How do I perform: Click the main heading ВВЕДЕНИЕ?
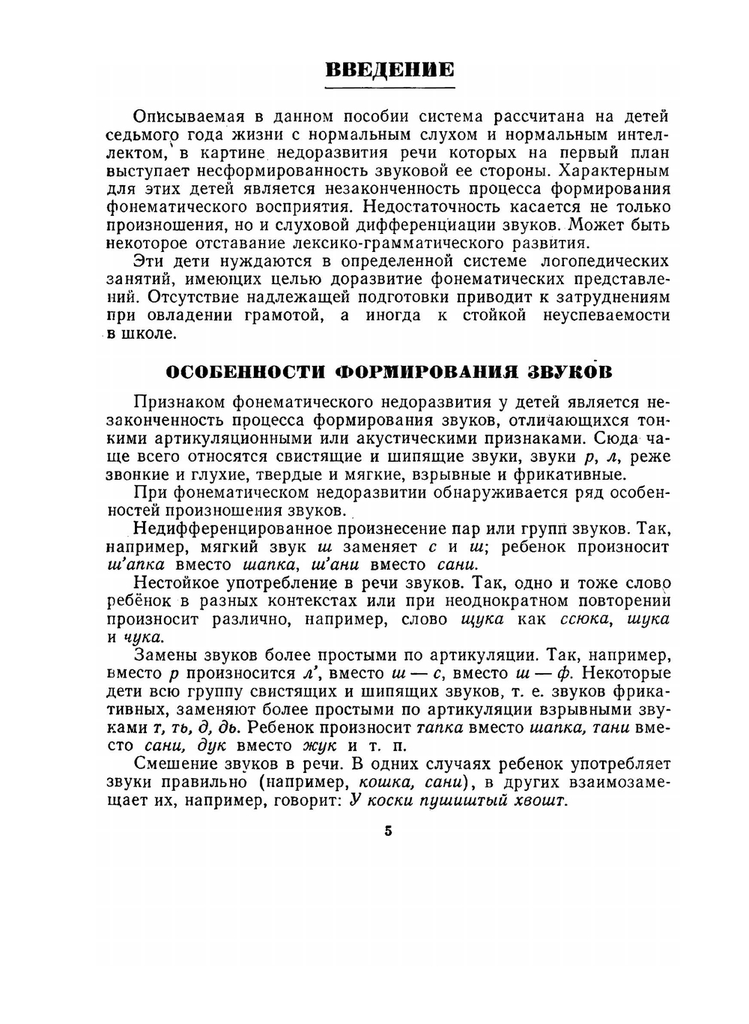tap(389, 70)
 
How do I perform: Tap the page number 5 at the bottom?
tap(388, 831)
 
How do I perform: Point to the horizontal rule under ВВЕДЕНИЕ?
tap(389, 88)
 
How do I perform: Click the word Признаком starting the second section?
tap(178, 403)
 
